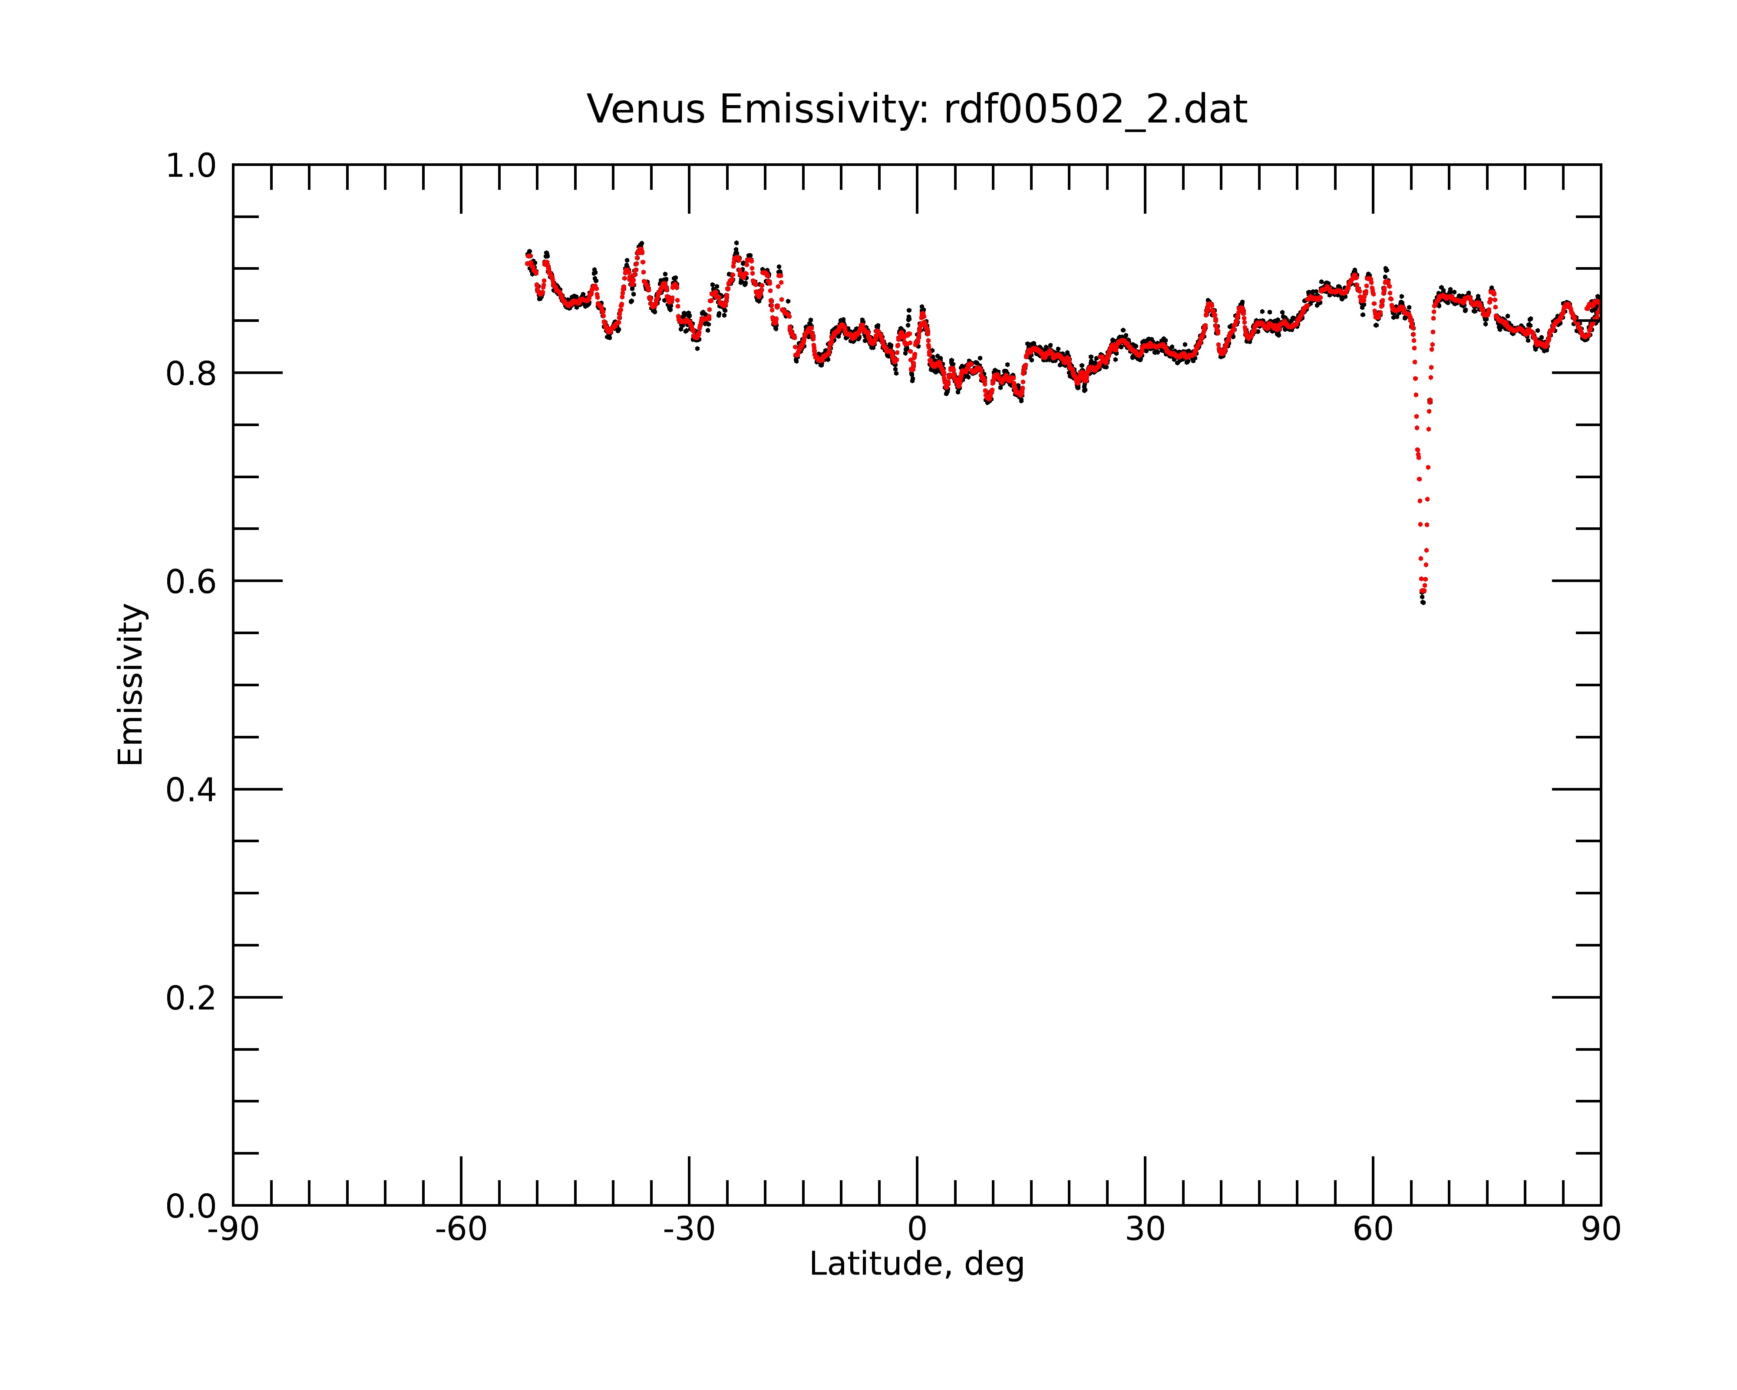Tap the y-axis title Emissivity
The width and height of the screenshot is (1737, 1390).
click(x=131, y=684)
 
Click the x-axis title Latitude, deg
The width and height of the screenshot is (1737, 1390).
click(x=917, y=1264)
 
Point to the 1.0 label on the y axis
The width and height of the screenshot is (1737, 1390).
click(x=191, y=166)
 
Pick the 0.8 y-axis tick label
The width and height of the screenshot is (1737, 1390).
click(x=191, y=374)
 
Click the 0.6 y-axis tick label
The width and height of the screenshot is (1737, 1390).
click(x=191, y=582)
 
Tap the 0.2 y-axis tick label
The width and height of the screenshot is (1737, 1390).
click(x=191, y=998)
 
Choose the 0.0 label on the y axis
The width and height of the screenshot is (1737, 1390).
click(x=191, y=1206)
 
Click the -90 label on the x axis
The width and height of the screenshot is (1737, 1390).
click(x=233, y=1230)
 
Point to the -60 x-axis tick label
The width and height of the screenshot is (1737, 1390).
click(x=461, y=1230)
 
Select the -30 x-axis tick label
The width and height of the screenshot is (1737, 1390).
click(x=689, y=1230)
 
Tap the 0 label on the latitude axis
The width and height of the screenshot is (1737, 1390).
click(x=917, y=1230)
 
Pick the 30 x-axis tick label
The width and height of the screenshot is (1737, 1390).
click(x=1145, y=1230)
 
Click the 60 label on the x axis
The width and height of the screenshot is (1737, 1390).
click(x=1373, y=1230)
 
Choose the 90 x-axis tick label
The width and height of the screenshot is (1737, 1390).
click(x=1601, y=1230)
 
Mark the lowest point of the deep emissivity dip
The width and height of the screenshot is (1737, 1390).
click(x=1423, y=602)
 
